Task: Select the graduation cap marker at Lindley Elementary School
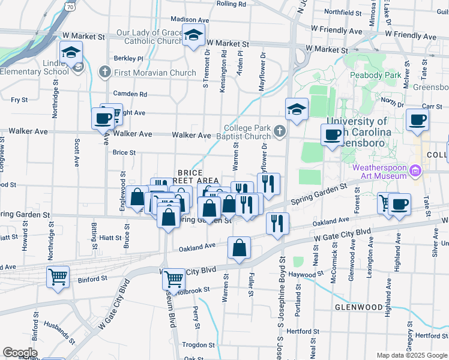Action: click(71, 52)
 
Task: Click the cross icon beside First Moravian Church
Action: click(104, 73)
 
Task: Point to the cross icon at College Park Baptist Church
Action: click(279, 131)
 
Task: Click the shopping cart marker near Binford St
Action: click(58, 277)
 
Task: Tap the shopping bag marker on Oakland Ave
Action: click(239, 247)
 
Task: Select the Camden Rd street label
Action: click(130, 94)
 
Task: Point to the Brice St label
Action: click(124, 152)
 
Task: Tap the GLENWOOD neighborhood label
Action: click(358, 307)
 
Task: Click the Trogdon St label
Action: click(198, 345)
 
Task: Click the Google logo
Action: click(20, 352)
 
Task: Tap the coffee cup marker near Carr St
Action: click(417, 119)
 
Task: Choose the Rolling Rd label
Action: click(231, 4)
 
